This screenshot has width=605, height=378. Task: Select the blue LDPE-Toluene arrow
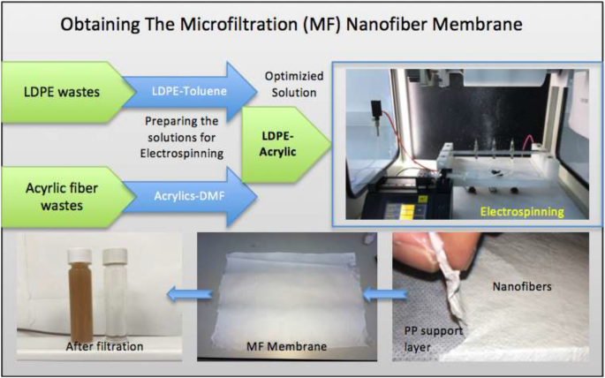pyautogui.click(x=189, y=92)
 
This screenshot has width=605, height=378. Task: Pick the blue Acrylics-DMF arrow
pyautogui.click(x=189, y=197)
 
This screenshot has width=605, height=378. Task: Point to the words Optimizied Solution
pyautogui.click(x=294, y=85)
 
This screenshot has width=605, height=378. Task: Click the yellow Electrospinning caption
pyautogui.click(x=522, y=211)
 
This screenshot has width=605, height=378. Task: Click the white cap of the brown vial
pyautogui.click(x=79, y=255)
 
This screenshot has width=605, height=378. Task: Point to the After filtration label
pyautogui.click(x=104, y=346)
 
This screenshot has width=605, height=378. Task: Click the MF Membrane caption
pyautogui.click(x=286, y=346)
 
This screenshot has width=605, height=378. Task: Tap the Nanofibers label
pyautogui.click(x=523, y=286)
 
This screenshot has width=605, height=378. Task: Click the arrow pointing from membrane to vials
pyautogui.click(x=189, y=295)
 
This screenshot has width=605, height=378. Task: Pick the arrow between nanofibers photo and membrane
pyautogui.click(x=385, y=295)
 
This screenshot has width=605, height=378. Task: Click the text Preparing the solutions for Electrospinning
pyautogui.click(x=182, y=137)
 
